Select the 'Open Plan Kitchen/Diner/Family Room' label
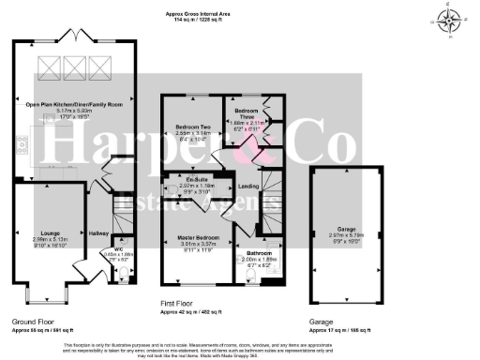[x=74, y=103]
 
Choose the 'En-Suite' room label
[x=197, y=178]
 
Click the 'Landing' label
[x=249, y=186]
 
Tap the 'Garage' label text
[x=347, y=228]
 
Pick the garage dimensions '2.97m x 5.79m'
[x=347, y=235]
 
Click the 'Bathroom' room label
[x=260, y=253]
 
